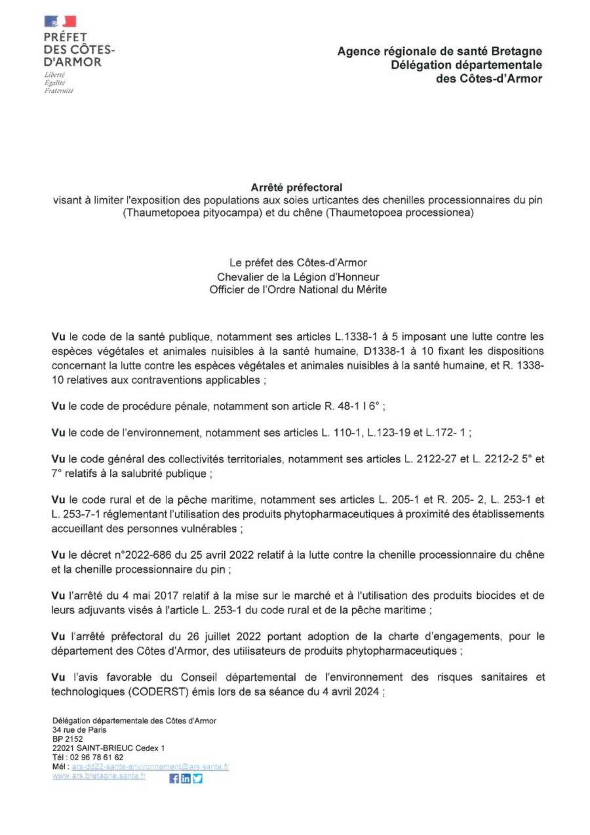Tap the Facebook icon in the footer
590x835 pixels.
(174, 779)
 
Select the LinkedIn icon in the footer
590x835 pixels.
(186, 779)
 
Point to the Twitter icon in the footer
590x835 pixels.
(197, 779)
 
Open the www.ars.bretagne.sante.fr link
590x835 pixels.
(99, 775)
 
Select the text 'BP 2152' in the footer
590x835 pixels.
(68, 739)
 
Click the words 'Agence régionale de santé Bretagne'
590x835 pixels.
(440, 51)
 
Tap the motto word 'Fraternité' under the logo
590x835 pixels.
(58, 91)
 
